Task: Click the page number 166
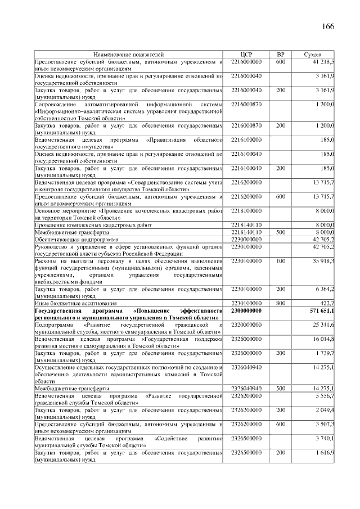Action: [328, 27]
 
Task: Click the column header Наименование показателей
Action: [129, 55]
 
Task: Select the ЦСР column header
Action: [246, 55]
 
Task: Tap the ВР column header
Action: [281, 55]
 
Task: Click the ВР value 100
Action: [281, 261]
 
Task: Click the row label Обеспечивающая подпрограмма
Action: [76, 240]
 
